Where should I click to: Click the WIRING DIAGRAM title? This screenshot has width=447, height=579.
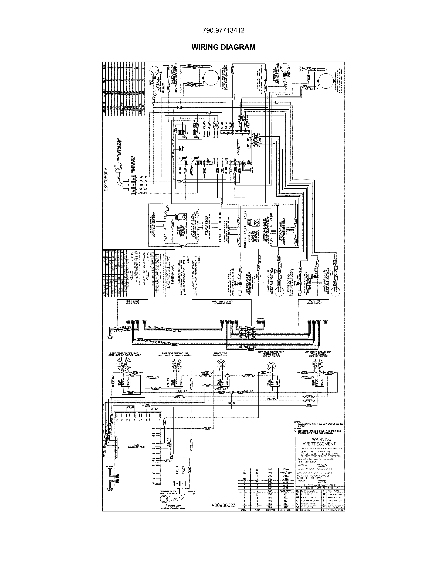point(223,47)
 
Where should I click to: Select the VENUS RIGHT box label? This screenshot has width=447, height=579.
point(132,302)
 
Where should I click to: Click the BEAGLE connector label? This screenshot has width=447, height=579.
point(261,318)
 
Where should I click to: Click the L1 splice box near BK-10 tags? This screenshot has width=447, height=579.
point(231,392)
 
